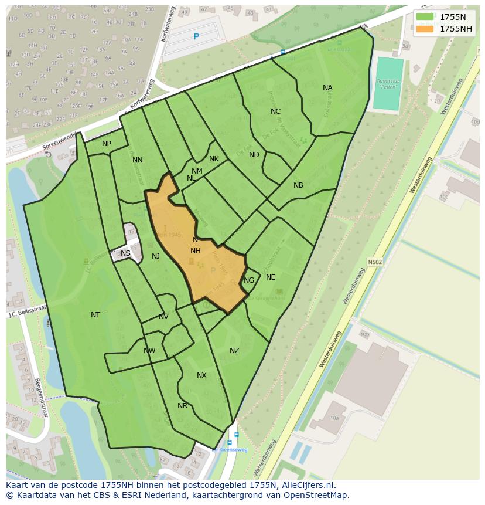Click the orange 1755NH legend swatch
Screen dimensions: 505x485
pos(425,29)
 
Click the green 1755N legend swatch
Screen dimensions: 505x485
pos(425,17)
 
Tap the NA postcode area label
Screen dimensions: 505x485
pos(327,88)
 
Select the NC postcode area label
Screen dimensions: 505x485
pos(275,111)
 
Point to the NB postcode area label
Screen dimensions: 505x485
pos(298,185)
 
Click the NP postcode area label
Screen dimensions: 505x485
pos(107,144)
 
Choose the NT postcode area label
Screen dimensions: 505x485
pos(95,315)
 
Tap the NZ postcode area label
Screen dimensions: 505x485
pos(234,351)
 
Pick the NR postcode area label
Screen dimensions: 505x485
pos(182,406)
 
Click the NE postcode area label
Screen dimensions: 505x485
pos(271,277)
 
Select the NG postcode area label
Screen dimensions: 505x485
pos(249,280)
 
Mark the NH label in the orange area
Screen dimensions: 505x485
pos(196,251)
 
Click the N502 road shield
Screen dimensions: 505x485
pos(375,262)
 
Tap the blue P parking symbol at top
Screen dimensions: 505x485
pos(196,36)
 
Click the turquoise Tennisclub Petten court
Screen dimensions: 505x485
pos(388,83)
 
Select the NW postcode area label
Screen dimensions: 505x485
pos(149,351)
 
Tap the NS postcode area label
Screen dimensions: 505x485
pos(125,253)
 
